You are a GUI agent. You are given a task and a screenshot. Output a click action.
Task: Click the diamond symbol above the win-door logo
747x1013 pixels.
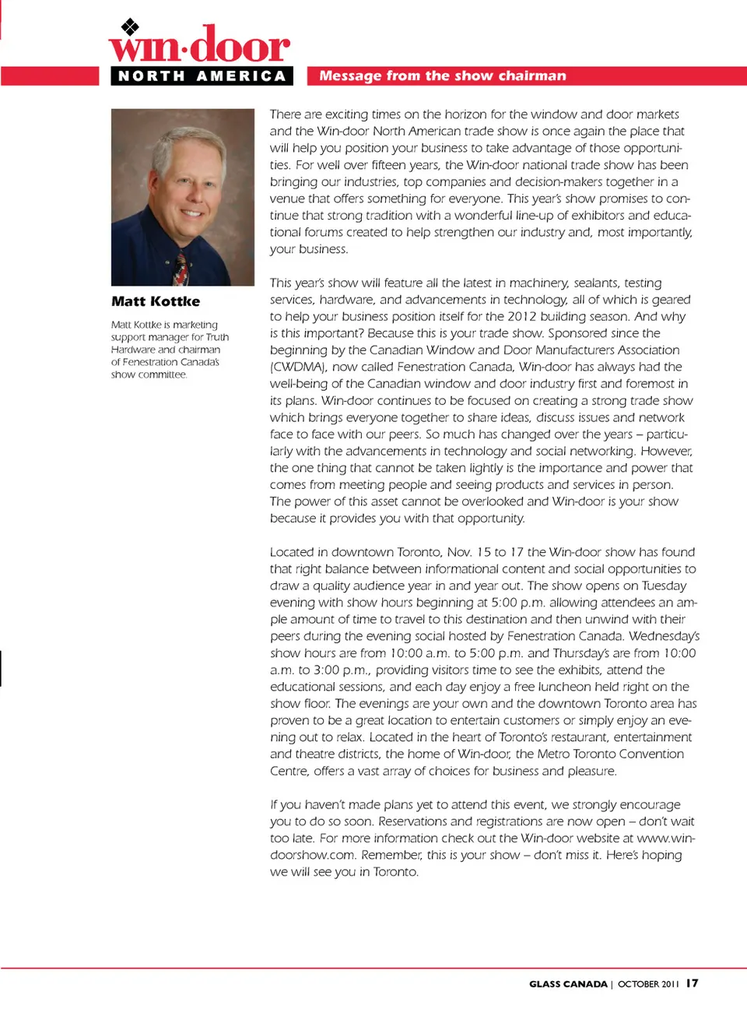click(x=130, y=26)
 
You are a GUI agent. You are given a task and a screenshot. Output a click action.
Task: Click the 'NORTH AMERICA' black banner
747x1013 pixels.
click(x=202, y=76)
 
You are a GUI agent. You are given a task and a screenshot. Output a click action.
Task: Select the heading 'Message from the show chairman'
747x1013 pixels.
click(x=442, y=76)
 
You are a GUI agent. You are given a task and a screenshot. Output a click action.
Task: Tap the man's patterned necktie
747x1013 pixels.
click(x=181, y=268)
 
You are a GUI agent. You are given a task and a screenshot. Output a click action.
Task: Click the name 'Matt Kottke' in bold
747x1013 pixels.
click(x=156, y=301)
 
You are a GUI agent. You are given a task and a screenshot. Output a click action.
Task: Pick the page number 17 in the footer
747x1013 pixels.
click(x=692, y=983)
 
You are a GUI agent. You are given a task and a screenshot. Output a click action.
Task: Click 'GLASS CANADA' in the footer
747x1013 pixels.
click(x=568, y=984)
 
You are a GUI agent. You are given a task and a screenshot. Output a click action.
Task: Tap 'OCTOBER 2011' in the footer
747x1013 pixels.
click(x=647, y=984)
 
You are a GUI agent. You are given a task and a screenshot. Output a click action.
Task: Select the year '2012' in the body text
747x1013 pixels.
click(x=522, y=316)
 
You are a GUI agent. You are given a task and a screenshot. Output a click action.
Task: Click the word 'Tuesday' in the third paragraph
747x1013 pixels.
click(x=664, y=586)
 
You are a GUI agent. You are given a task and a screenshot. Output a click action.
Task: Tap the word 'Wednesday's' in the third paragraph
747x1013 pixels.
click(x=664, y=636)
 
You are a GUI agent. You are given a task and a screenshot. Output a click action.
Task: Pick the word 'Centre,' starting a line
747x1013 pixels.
click(x=289, y=771)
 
